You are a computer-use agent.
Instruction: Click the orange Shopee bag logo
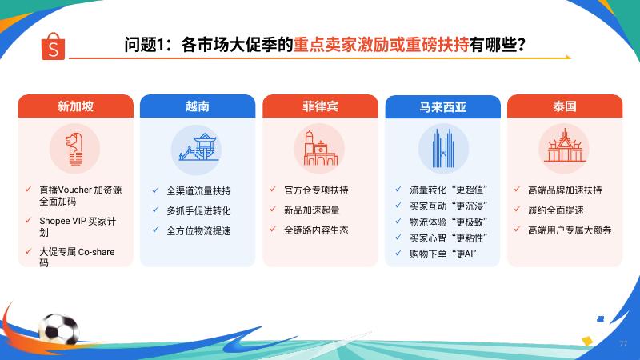(53, 46)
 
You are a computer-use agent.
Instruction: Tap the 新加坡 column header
(75, 106)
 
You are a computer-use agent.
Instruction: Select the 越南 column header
(198, 106)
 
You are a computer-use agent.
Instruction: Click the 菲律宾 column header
(320, 106)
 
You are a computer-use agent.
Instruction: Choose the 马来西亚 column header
(443, 106)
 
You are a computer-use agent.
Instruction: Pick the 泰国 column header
(565, 106)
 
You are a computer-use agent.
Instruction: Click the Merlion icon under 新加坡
(74, 149)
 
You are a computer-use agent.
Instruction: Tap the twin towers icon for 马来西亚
(443, 149)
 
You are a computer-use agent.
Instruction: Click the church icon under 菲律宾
(320, 148)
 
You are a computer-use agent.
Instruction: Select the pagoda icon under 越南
(198, 147)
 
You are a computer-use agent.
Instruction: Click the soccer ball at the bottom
(58, 329)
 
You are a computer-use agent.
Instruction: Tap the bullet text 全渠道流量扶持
(198, 190)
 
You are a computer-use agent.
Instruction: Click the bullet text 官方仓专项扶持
(316, 190)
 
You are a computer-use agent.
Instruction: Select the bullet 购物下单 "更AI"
(443, 254)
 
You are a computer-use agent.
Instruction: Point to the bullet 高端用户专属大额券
(570, 230)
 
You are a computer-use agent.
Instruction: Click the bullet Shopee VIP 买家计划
(78, 226)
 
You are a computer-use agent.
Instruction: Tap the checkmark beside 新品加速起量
(273, 209)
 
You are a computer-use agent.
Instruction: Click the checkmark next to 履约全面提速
(517, 209)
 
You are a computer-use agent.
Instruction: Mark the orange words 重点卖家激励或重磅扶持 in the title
(382, 45)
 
